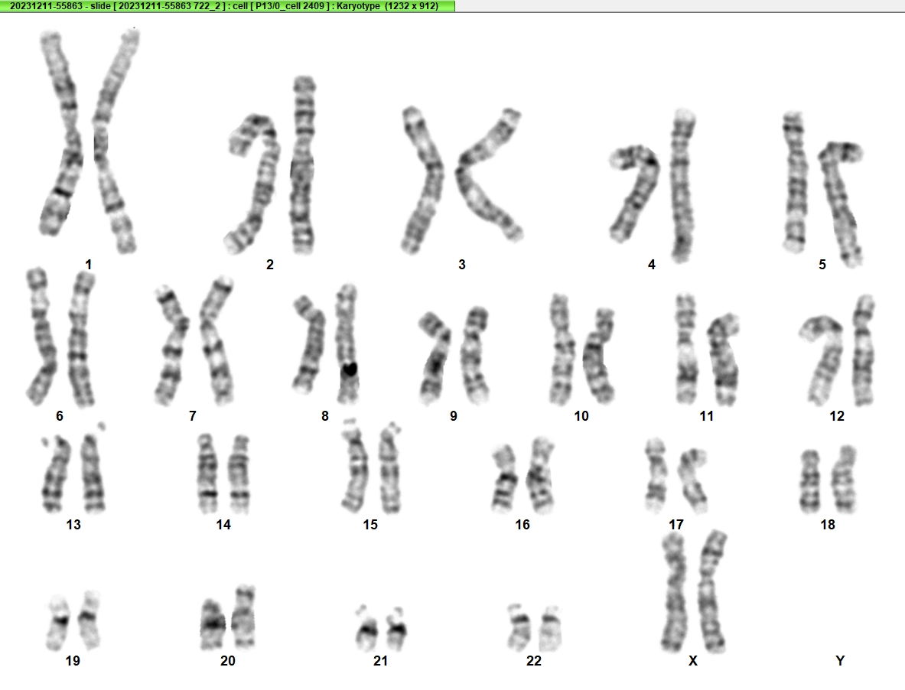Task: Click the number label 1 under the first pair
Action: pos(88,264)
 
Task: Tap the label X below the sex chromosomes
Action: pos(693,661)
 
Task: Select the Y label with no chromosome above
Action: pos(840,661)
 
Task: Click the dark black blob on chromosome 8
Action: pos(349,369)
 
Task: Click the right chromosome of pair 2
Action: pos(302,165)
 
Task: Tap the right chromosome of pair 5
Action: pos(840,202)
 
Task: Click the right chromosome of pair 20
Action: pos(243,616)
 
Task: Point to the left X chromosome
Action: pos(673,592)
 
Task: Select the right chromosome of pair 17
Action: pos(692,480)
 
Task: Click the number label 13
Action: pos(73,525)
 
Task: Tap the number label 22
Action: pos(534,661)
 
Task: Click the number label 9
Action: pos(454,416)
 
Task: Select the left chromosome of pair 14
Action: pos(208,473)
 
